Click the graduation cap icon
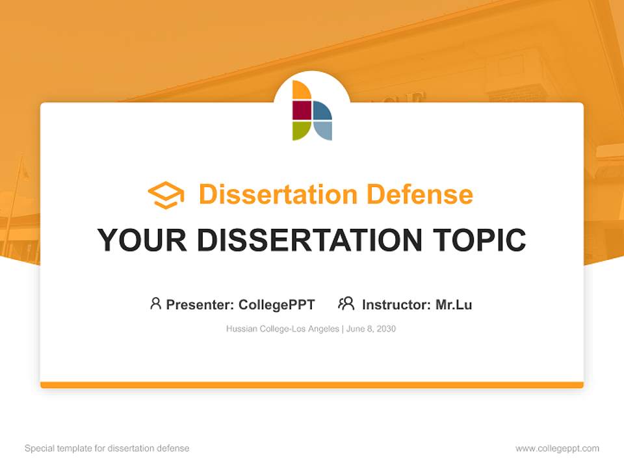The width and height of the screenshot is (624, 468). (x=166, y=195)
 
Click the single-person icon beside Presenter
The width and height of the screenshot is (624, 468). (x=155, y=304)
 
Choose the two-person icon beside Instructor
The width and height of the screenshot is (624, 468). (x=346, y=304)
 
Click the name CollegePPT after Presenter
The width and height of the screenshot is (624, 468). (x=276, y=305)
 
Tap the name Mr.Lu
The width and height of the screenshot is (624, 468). (x=454, y=305)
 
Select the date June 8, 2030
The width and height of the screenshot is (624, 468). (x=371, y=329)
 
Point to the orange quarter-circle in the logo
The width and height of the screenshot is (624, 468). (x=301, y=91)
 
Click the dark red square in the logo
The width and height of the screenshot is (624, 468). (x=302, y=110)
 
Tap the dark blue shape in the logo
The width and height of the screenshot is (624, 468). (x=322, y=111)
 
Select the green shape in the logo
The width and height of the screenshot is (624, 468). (x=301, y=130)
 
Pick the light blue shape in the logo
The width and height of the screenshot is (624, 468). (x=323, y=130)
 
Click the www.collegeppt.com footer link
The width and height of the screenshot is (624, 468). (x=557, y=448)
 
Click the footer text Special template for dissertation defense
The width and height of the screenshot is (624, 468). (x=107, y=448)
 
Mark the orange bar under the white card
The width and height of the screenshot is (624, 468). (x=312, y=385)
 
